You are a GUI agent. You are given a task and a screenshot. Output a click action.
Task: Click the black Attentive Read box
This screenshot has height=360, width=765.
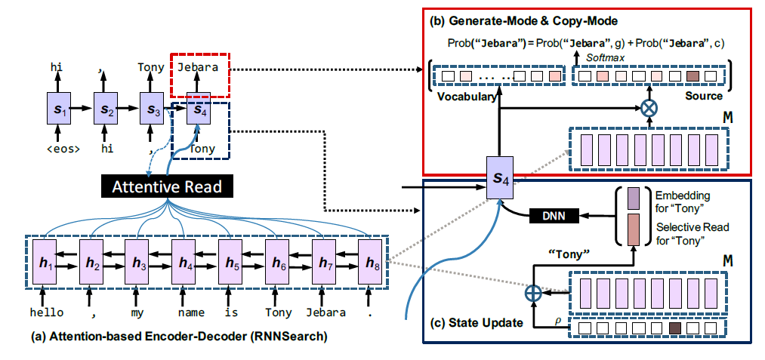click(x=166, y=186)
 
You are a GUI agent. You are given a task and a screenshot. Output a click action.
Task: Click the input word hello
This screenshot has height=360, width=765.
click(x=42, y=312)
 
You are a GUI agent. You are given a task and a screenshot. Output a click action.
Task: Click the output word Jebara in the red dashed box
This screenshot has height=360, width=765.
click(x=199, y=67)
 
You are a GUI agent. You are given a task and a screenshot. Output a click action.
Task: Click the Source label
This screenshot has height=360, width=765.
click(x=703, y=96)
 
